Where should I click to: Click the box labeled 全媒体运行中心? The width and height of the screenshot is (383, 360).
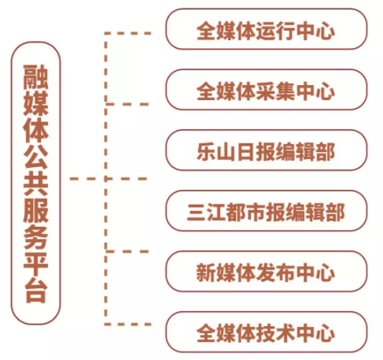pos(266,29)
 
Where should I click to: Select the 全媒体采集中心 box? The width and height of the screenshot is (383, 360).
pos(266,90)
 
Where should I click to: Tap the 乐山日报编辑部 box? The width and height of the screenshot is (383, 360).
pos(266,150)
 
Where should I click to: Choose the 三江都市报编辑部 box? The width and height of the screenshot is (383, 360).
pos(266,211)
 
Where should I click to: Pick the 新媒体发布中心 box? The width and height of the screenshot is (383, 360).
pos(266,272)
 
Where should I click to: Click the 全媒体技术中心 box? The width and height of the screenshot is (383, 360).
pos(266,332)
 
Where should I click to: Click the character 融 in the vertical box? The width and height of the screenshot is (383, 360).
pos(36,77)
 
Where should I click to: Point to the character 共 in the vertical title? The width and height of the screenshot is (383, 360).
pos(36,184)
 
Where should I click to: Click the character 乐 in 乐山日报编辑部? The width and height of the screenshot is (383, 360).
pos(206,151)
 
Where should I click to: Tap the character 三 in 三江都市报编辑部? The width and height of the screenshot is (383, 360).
pos(197,212)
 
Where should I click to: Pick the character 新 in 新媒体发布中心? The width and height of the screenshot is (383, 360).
pos(206,273)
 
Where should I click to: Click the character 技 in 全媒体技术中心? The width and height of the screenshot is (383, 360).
pos(265,333)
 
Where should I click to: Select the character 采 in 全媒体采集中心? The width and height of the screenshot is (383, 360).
pos(265,91)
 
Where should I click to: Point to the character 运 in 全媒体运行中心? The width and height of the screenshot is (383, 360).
pos(265,30)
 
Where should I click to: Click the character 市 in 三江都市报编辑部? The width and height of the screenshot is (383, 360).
pos(256,212)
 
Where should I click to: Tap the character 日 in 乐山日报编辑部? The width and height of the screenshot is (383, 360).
pos(245,151)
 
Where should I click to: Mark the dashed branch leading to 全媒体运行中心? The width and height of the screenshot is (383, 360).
pos(127,33)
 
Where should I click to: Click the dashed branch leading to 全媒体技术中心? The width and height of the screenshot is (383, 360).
pos(127,325)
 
